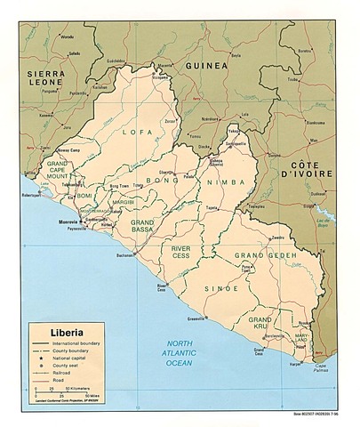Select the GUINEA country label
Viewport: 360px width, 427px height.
pyautogui.click(x=205, y=66)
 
